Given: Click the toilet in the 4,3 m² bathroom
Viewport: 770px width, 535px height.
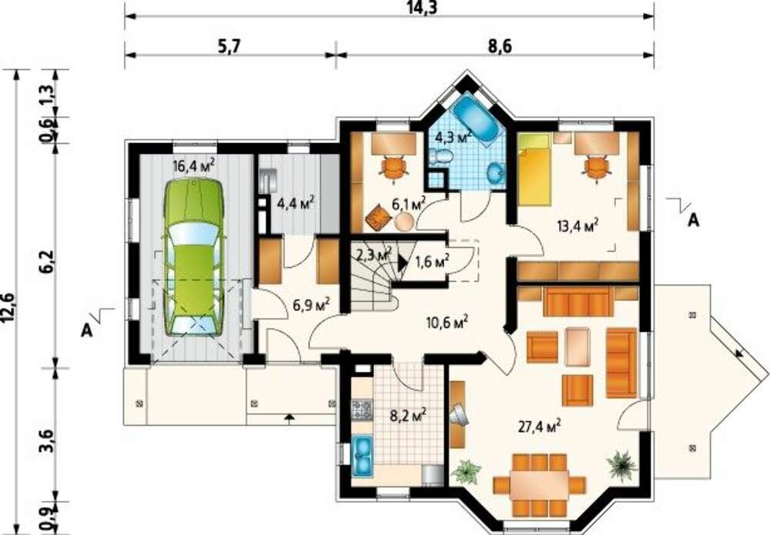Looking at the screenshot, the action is (440, 157).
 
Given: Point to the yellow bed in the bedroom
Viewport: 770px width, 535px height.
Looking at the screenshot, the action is (535, 169).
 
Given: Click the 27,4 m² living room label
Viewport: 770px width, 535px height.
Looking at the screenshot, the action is (540, 426).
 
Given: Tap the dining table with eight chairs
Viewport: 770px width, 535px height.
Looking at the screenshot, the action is (539, 484).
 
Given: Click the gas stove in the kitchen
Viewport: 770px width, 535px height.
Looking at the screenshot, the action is (362, 410).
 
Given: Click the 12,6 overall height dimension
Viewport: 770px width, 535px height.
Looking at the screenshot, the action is (8, 308).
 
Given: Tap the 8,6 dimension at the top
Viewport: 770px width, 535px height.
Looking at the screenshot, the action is (500, 46).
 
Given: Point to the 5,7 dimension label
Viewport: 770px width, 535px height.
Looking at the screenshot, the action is (229, 47).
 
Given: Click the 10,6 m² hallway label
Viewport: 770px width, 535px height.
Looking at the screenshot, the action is (447, 323).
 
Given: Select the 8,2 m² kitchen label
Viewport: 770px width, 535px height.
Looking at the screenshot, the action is (407, 416).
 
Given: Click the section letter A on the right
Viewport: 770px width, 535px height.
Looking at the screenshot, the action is (693, 220).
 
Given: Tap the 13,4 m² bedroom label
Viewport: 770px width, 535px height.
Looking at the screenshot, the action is (577, 226).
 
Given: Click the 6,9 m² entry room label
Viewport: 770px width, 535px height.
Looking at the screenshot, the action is (311, 305).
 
